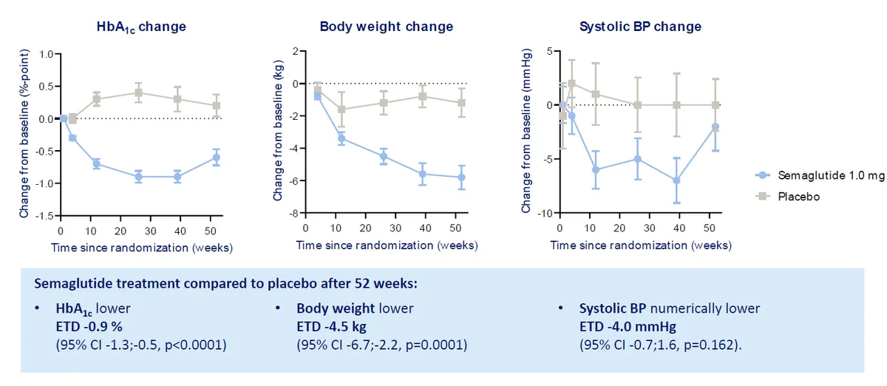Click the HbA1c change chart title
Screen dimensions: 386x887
tap(141, 27)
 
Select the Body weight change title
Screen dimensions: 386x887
tap(387, 27)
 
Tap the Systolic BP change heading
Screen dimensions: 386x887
tap(640, 27)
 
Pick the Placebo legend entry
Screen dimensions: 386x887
tap(799, 197)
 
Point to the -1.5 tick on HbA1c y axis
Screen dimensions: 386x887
tap(46, 216)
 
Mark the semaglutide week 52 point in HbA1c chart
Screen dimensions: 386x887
tap(216, 158)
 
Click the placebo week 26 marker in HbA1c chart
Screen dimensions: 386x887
tap(138, 92)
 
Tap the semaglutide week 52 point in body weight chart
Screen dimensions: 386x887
tap(461, 177)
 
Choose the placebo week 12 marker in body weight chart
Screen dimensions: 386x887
tap(341, 109)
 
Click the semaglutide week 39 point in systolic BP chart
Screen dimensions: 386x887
tap(676, 180)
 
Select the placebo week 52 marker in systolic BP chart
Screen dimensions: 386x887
tap(716, 105)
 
